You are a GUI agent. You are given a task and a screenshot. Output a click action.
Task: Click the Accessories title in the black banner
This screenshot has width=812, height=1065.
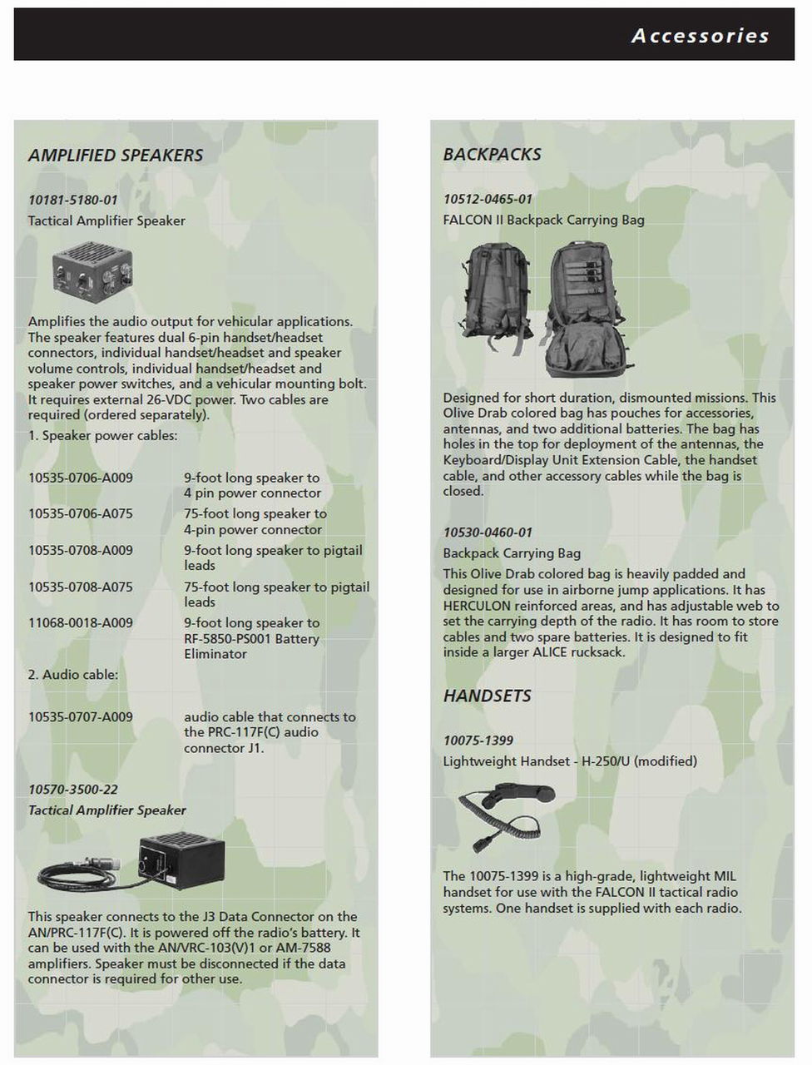pyautogui.click(x=700, y=36)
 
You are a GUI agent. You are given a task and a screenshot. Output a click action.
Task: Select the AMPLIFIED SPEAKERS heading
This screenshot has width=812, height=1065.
pyautogui.click(x=116, y=156)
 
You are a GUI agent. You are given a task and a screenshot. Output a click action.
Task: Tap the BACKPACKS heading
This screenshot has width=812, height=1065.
pyautogui.click(x=492, y=155)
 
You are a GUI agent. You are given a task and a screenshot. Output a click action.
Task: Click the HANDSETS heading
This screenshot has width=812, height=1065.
pyautogui.click(x=487, y=696)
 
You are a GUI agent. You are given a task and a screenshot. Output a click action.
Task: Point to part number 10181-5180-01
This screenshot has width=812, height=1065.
pyautogui.click(x=72, y=201)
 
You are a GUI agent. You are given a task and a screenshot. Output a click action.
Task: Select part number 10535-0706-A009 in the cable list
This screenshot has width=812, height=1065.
pyautogui.click(x=80, y=478)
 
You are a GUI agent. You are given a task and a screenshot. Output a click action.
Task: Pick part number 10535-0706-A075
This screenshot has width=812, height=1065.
pyautogui.click(x=80, y=514)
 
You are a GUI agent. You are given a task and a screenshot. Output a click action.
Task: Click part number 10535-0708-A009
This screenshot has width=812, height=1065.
pyautogui.click(x=80, y=551)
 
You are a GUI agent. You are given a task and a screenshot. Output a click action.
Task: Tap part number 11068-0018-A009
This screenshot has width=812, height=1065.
pyautogui.click(x=80, y=623)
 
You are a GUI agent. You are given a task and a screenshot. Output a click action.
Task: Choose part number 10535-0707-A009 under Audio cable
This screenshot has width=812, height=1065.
pyautogui.click(x=80, y=717)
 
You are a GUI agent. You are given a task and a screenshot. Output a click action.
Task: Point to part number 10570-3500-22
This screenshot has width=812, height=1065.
pyautogui.click(x=72, y=790)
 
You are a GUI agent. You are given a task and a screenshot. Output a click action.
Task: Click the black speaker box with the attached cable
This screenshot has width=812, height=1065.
pyautogui.click(x=179, y=860)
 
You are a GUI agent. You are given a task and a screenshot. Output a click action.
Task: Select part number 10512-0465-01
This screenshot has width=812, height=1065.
pyautogui.click(x=488, y=200)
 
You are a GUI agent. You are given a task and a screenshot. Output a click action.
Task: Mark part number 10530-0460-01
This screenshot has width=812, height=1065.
pyautogui.click(x=488, y=532)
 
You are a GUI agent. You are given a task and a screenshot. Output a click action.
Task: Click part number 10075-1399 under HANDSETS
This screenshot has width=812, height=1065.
pyautogui.click(x=478, y=741)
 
